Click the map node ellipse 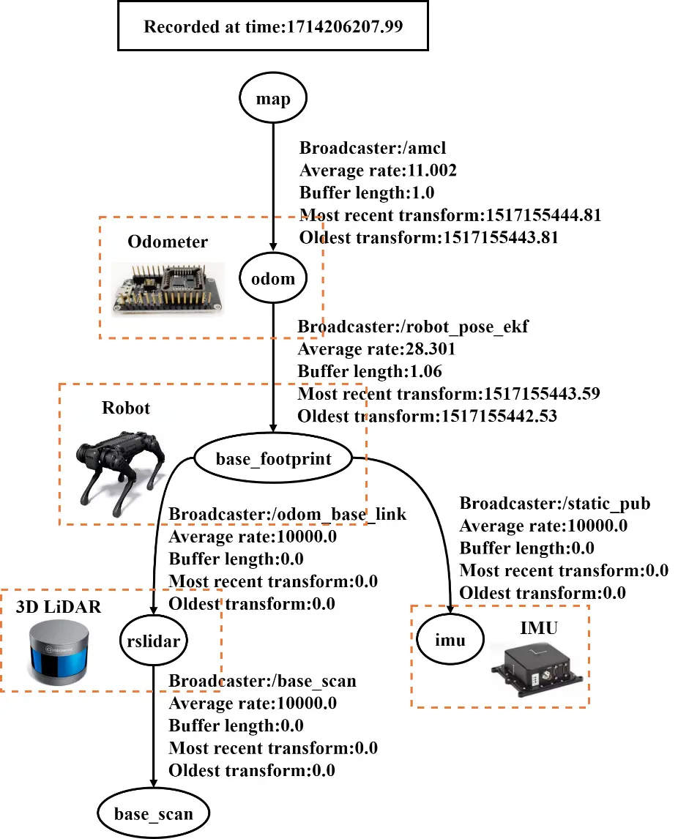click(x=273, y=99)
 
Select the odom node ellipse click(x=273, y=278)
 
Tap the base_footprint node click(x=273, y=459)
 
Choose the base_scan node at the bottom click(x=153, y=813)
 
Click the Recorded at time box click(x=273, y=27)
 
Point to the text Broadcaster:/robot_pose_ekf click(x=413, y=327)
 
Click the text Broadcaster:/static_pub click(x=555, y=504)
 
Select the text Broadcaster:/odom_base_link click(x=288, y=515)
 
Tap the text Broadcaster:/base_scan click(x=262, y=682)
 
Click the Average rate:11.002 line click(x=378, y=171)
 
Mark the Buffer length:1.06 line click(x=369, y=372)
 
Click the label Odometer click(x=168, y=242)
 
